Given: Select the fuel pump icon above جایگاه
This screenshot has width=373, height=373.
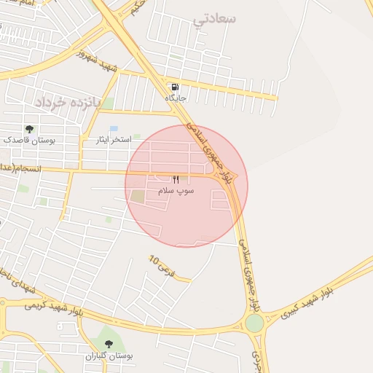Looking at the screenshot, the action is tap(176, 87).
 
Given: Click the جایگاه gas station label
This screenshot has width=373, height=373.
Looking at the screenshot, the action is tap(176, 98).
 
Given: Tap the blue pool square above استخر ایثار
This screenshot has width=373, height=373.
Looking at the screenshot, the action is tap(114, 128).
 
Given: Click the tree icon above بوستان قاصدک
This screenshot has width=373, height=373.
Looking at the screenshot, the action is tap(29, 128).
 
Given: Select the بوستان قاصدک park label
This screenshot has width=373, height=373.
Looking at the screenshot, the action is tap(29, 138).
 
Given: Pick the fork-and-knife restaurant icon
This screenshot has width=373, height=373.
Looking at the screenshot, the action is tap(176, 179).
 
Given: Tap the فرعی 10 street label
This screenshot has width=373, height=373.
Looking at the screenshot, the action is tap(162, 264).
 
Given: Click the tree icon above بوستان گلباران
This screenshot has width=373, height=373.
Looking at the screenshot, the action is tap(109, 344).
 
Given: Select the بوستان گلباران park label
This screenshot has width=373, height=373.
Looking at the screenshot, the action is tap(109, 356).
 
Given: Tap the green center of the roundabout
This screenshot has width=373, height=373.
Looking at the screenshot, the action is tap(254, 323).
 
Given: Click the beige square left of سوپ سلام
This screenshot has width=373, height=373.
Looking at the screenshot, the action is tap(138, 196).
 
